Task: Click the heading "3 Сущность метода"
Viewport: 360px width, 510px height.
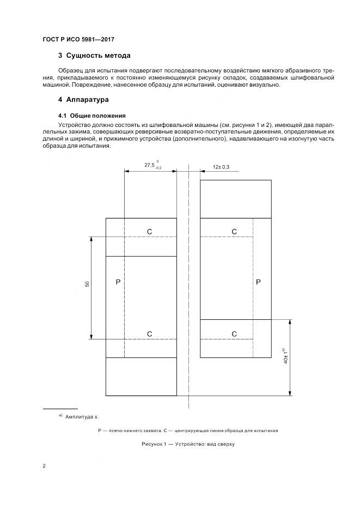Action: (x=94, y=56)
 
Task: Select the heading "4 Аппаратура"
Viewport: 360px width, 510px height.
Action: (x=83, y=100)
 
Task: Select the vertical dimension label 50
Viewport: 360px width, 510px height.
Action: (x=87, y=285)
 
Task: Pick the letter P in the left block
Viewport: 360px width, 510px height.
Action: (x=118, y=282)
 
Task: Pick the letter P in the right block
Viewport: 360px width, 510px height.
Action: (x=258, y=282)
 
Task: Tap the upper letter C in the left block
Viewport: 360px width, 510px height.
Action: (x=149, y=232)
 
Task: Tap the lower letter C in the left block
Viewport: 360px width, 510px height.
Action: (x=149, y=333)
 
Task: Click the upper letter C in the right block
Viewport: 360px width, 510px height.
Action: (x=234, y=232)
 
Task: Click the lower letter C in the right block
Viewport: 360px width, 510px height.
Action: (x=234, y=333)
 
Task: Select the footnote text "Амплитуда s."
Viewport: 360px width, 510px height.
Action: (x=82, y=417)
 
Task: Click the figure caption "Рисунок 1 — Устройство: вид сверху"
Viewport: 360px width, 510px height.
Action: (x=188, y=444)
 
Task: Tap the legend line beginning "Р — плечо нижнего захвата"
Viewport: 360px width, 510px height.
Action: (x=188, y=430)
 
